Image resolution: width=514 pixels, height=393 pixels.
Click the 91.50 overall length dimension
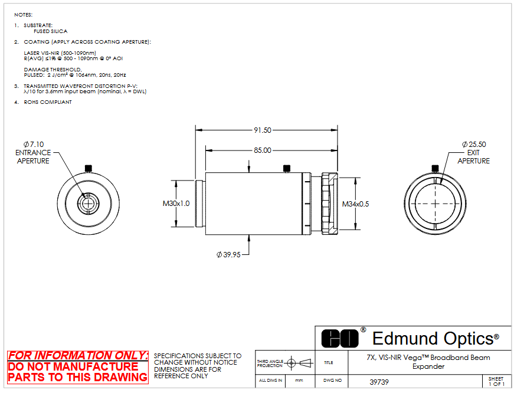tap(263, 130)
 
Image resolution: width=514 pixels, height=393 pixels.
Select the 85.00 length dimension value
tap(263, 150)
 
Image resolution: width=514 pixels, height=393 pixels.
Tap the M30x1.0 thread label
tap(176, 204)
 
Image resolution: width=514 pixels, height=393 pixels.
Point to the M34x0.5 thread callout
tap(355, 204)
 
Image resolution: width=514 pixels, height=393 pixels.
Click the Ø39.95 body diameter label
tap(228, 254)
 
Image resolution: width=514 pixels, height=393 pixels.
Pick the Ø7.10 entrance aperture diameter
tap(34, 144)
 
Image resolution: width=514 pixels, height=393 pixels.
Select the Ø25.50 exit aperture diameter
tap(474, 144)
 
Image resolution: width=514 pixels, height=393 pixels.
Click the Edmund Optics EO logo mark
tap(340, 339)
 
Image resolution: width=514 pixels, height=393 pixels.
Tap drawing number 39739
tap(379, 382)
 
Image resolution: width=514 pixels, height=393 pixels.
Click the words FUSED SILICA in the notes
tap(51, 31)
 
